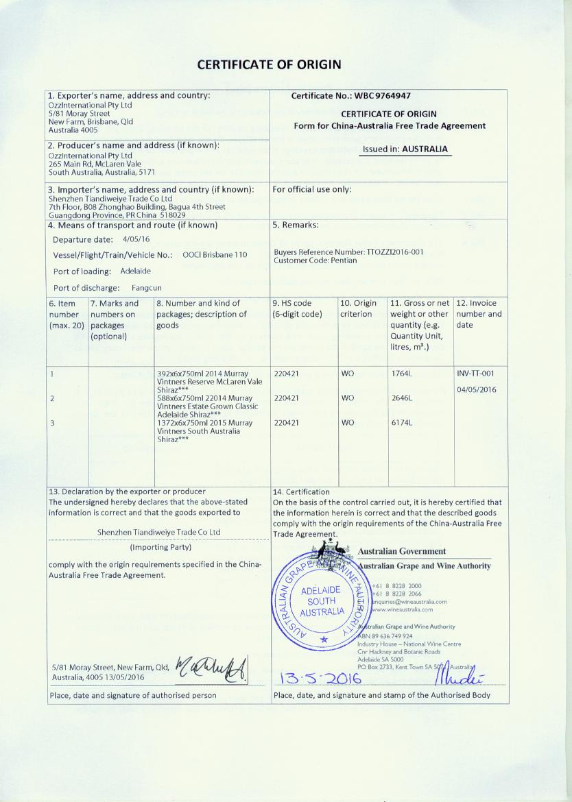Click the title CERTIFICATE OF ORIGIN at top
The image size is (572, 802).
pos(269,65)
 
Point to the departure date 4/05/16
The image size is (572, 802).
pos(136,239)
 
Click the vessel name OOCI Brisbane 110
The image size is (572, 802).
pos(215,255)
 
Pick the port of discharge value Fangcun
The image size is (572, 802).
pos(147,288)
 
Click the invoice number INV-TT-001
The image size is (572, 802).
pos(475,374)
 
